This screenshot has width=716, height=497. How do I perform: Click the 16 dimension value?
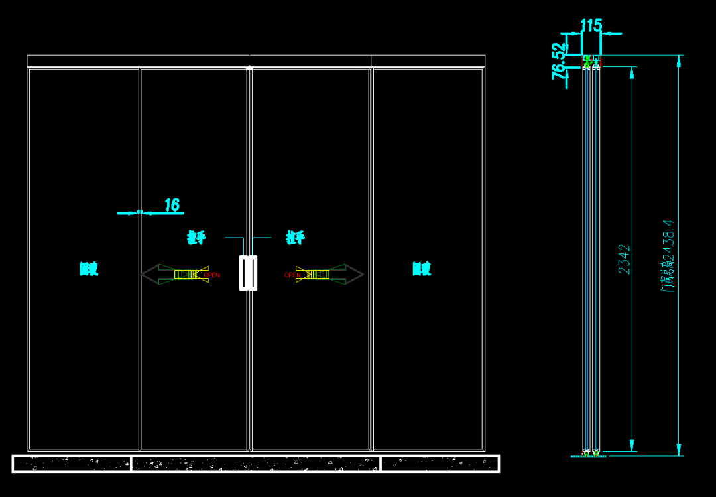tap(172, 205)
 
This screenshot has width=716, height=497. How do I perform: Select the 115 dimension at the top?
tap(591, 25)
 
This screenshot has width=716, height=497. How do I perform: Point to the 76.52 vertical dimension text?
tap(559, 61)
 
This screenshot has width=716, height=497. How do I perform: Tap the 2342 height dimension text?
tap(625, 259)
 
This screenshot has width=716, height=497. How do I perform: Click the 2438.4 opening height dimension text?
tap(668, 255)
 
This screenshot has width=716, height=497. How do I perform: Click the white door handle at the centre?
tap(248, 273)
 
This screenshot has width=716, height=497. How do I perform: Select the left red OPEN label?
tap(212, 275)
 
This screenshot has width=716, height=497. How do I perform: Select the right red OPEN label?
tap(292, 275)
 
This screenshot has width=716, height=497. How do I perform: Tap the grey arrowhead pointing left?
tap(150, 274)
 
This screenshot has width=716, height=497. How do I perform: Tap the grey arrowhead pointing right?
tap(355, 274)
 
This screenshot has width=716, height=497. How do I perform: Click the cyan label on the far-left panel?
tap(89, 269)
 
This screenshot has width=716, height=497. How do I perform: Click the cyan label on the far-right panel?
tap(422, 269)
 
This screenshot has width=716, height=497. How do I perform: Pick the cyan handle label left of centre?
tap(196, 238)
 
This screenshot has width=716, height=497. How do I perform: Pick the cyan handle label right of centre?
tap(295, 238)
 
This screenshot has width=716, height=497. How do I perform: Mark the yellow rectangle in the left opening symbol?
tap(186, 274)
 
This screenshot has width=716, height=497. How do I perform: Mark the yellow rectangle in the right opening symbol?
tap(318, 274)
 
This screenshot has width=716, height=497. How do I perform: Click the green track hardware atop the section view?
tap(587, 60)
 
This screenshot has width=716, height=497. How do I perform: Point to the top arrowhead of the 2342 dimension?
tap(632, 72)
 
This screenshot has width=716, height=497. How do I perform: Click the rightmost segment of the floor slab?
tap(440, 463)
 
